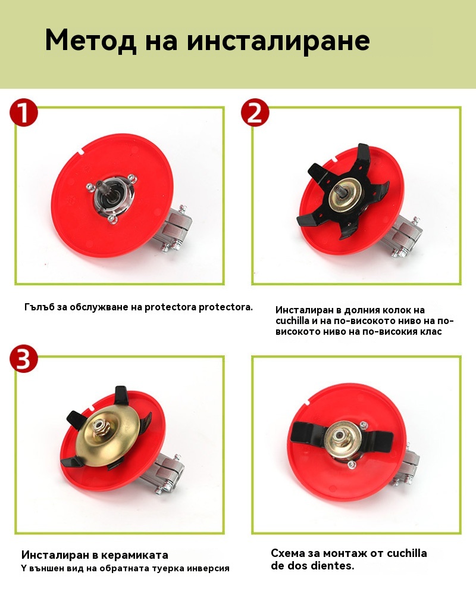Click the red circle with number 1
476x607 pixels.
(24, 113)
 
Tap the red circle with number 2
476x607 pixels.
(255, 113)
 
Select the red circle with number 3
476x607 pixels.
(24, 359)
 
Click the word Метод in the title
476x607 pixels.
(90, 41)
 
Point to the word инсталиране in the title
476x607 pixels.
(278, 41)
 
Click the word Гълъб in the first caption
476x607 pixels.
(39, 307)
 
